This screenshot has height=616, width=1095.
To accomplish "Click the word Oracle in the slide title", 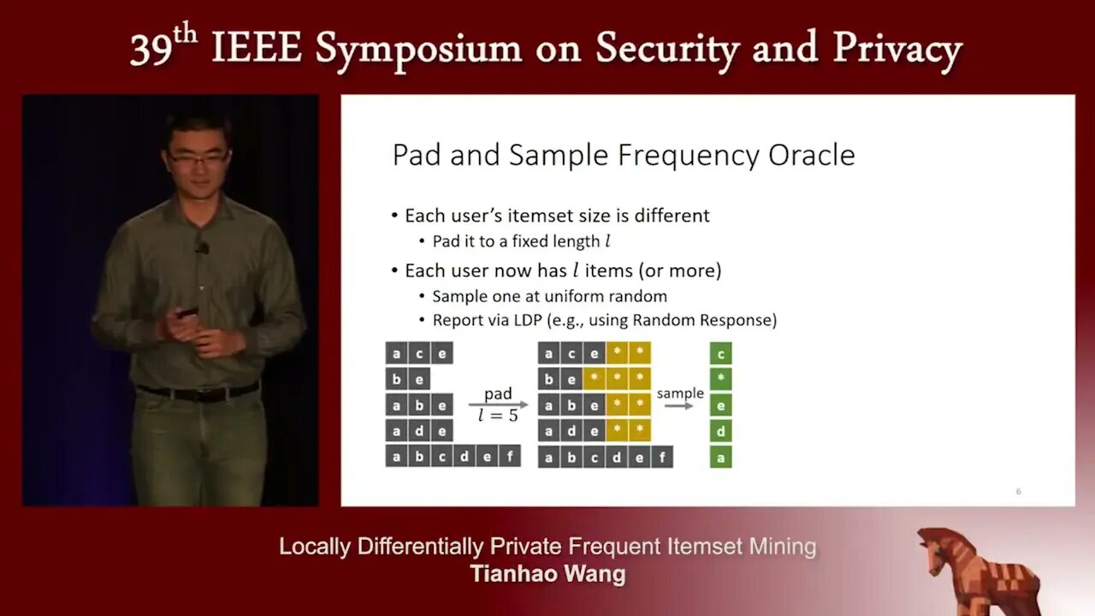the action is (812, 155).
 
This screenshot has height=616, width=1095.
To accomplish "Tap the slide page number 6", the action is (1018, 491).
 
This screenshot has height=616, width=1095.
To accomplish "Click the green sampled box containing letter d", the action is (720, 431).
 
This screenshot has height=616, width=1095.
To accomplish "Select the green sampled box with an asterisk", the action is (720, 379).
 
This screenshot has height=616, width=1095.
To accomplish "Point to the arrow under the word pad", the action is (499, 405).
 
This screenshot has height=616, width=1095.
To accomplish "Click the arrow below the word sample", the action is (679, 406).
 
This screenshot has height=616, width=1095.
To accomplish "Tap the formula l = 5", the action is (498, 416).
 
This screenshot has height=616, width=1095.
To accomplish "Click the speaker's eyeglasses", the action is (199, 158).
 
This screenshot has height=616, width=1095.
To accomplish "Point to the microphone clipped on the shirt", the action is (201, 248).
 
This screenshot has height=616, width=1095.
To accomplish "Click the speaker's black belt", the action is (198, 392).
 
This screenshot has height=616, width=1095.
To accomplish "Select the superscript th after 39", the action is (185, 35).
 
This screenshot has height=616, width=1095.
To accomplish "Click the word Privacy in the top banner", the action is (897, 50).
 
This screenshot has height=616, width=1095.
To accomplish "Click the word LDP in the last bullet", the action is (528, 320).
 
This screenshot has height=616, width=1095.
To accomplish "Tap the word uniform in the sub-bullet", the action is (574, 296).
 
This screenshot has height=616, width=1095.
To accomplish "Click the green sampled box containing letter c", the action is (720, 353).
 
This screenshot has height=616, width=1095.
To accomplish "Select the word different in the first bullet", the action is (672, 216).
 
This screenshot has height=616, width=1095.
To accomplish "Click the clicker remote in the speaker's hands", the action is (187, 313).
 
